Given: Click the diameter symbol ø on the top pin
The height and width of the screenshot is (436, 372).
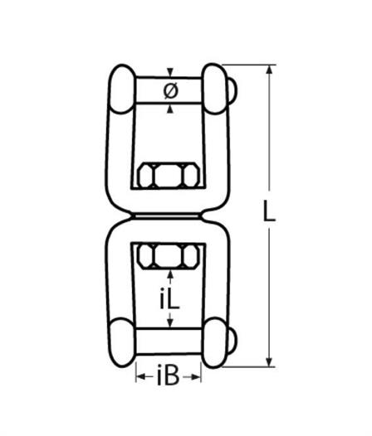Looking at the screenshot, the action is coord(170,91).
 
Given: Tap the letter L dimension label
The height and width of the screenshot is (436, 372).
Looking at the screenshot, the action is coord(269,211).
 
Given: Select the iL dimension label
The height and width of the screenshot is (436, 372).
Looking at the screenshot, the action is coord(169,299).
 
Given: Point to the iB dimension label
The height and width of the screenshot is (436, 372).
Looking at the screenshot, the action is coord(168,376).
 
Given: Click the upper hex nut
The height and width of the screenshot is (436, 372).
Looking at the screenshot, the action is coord(169,176).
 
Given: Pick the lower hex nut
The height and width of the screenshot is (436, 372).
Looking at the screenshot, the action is coord(169,256).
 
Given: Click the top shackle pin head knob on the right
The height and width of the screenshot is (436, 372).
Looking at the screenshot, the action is coord(233,90).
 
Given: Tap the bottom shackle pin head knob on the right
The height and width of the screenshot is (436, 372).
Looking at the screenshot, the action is coord(233,341).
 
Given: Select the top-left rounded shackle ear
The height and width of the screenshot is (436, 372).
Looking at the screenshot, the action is coord(122,89).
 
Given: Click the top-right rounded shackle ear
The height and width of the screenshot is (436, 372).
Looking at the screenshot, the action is coord(215,89).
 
